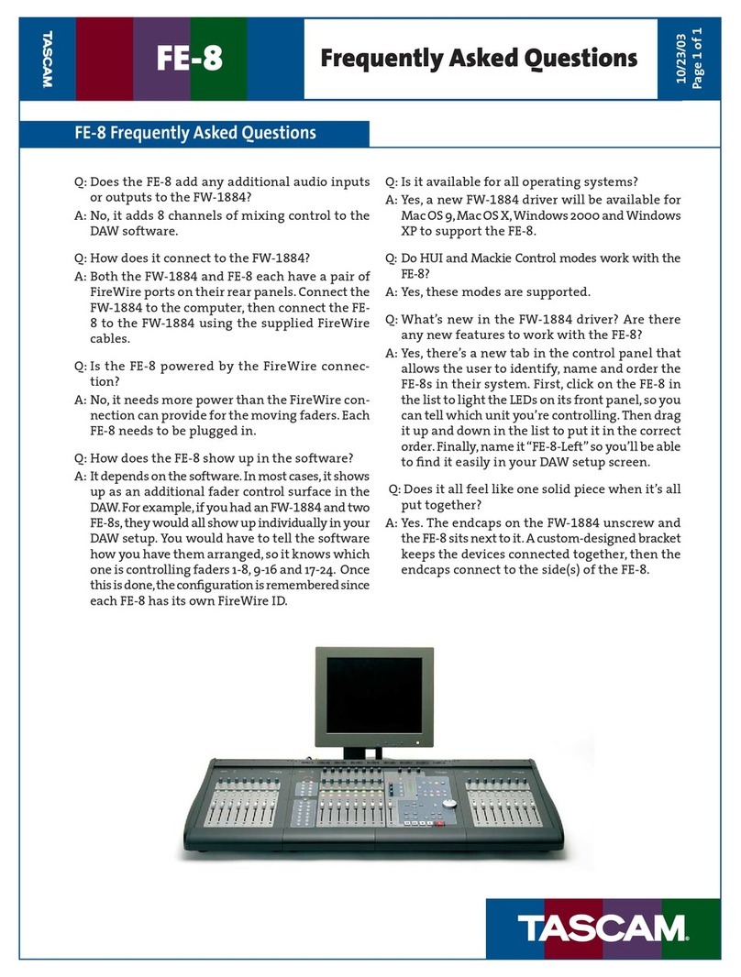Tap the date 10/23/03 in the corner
tap(682, 49)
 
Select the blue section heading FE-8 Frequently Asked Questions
tap(194, 134)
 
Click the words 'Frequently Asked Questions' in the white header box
tap(478, 60)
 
